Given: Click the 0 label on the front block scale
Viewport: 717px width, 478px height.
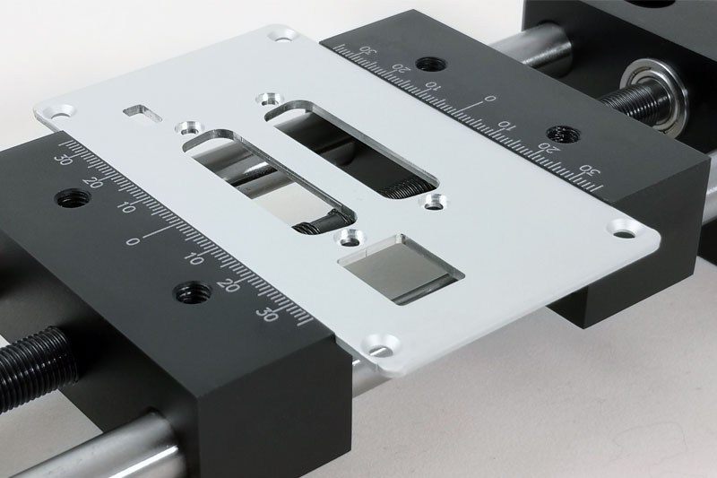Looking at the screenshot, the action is pyautogui.click(x=133, y=241).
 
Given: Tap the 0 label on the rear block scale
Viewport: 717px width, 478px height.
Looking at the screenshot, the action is pyautogui.click(x=489, y=99).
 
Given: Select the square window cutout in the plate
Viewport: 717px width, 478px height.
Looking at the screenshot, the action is pyautogui.click(x=401, y=269).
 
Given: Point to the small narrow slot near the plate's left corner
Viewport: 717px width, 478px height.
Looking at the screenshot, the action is pyautogui.click(x=143, y=113).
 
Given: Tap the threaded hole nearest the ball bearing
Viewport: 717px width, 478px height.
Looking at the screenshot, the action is pyautogui.click(x=564, y=133).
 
